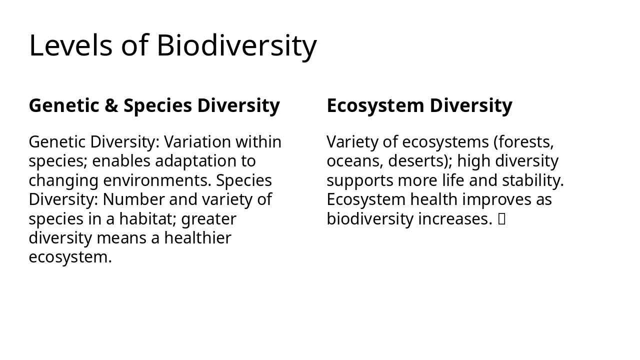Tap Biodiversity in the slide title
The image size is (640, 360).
[x=236, y=45]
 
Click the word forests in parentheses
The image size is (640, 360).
[x=525, y=142]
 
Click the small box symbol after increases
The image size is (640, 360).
[x=501, y=219]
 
